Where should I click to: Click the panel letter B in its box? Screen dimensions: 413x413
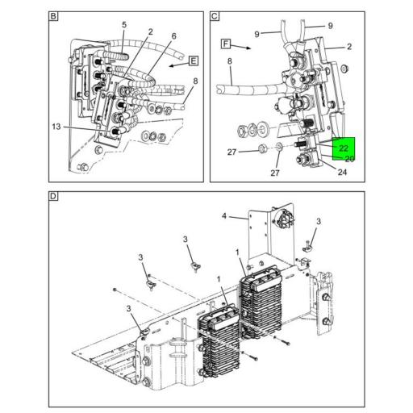53,16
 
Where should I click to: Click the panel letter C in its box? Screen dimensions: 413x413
215,16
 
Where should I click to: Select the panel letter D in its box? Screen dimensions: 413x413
53,196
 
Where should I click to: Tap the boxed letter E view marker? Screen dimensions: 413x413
194,61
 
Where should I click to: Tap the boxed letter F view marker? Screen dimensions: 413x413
226,44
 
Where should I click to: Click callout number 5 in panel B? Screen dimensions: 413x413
124,25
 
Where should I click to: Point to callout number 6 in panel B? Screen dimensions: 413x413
174,36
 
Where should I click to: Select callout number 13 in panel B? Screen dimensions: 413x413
56,127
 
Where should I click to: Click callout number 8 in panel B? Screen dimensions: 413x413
195,81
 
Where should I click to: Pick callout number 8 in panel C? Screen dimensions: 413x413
230,61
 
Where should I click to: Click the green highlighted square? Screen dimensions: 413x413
344,148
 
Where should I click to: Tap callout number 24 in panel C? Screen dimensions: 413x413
342,172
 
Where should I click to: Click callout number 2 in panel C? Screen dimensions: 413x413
349,47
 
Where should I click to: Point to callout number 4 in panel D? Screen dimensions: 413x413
224,216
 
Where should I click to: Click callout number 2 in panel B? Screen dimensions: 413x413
150,32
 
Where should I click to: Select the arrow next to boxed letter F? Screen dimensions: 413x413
241,47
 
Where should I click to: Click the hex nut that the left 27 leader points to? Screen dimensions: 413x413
261,148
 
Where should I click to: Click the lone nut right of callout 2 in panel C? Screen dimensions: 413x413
344,69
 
